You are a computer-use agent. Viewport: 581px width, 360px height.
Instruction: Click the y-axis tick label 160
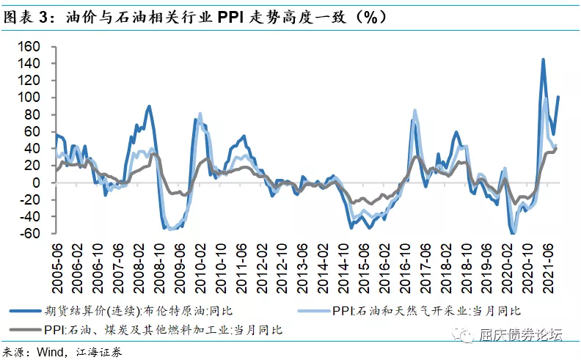[x=29, y=46]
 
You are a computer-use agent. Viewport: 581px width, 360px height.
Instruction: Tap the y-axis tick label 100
[x=29, y=98]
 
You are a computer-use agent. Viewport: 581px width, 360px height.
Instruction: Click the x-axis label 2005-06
[x=57, y=268]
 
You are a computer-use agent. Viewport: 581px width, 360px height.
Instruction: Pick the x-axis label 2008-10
[x=159, y=268]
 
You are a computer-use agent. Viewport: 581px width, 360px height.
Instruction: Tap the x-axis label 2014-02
[x=323, y=268]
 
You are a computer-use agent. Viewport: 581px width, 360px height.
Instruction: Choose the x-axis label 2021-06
[x=548, y=268]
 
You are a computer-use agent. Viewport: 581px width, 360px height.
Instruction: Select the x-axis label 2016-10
[x=405, y=268]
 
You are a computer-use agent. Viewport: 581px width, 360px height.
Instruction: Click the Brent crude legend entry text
[x=139, y=310]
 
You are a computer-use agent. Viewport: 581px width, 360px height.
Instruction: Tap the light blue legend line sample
[x=314, y=311]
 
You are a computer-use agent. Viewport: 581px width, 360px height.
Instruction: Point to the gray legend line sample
[x=25, y=329]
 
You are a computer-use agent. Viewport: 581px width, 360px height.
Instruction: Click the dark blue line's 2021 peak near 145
[x=543, y=59]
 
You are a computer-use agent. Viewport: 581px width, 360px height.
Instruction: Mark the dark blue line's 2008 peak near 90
[x=149, y=106]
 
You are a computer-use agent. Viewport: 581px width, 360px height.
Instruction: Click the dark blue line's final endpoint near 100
[x=558, y=97]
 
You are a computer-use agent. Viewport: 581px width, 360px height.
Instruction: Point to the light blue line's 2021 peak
[x=546, y=98]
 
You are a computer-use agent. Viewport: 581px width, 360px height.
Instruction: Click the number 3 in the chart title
[x=44, y=18]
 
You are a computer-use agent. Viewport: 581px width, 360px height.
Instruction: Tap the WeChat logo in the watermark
[x=463, y=336]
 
